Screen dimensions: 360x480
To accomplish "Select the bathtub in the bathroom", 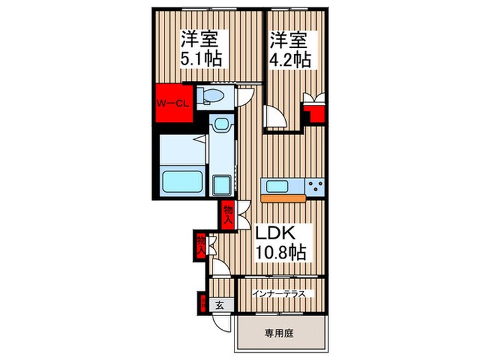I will point(181,182).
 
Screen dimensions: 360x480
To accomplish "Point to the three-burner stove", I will point(316,185).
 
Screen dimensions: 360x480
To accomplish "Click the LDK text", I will point(276,233).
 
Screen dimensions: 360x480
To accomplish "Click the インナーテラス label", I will point(283,293).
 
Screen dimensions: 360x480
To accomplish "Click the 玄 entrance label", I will point(220,306).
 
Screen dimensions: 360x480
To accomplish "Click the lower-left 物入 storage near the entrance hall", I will point(201,244).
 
